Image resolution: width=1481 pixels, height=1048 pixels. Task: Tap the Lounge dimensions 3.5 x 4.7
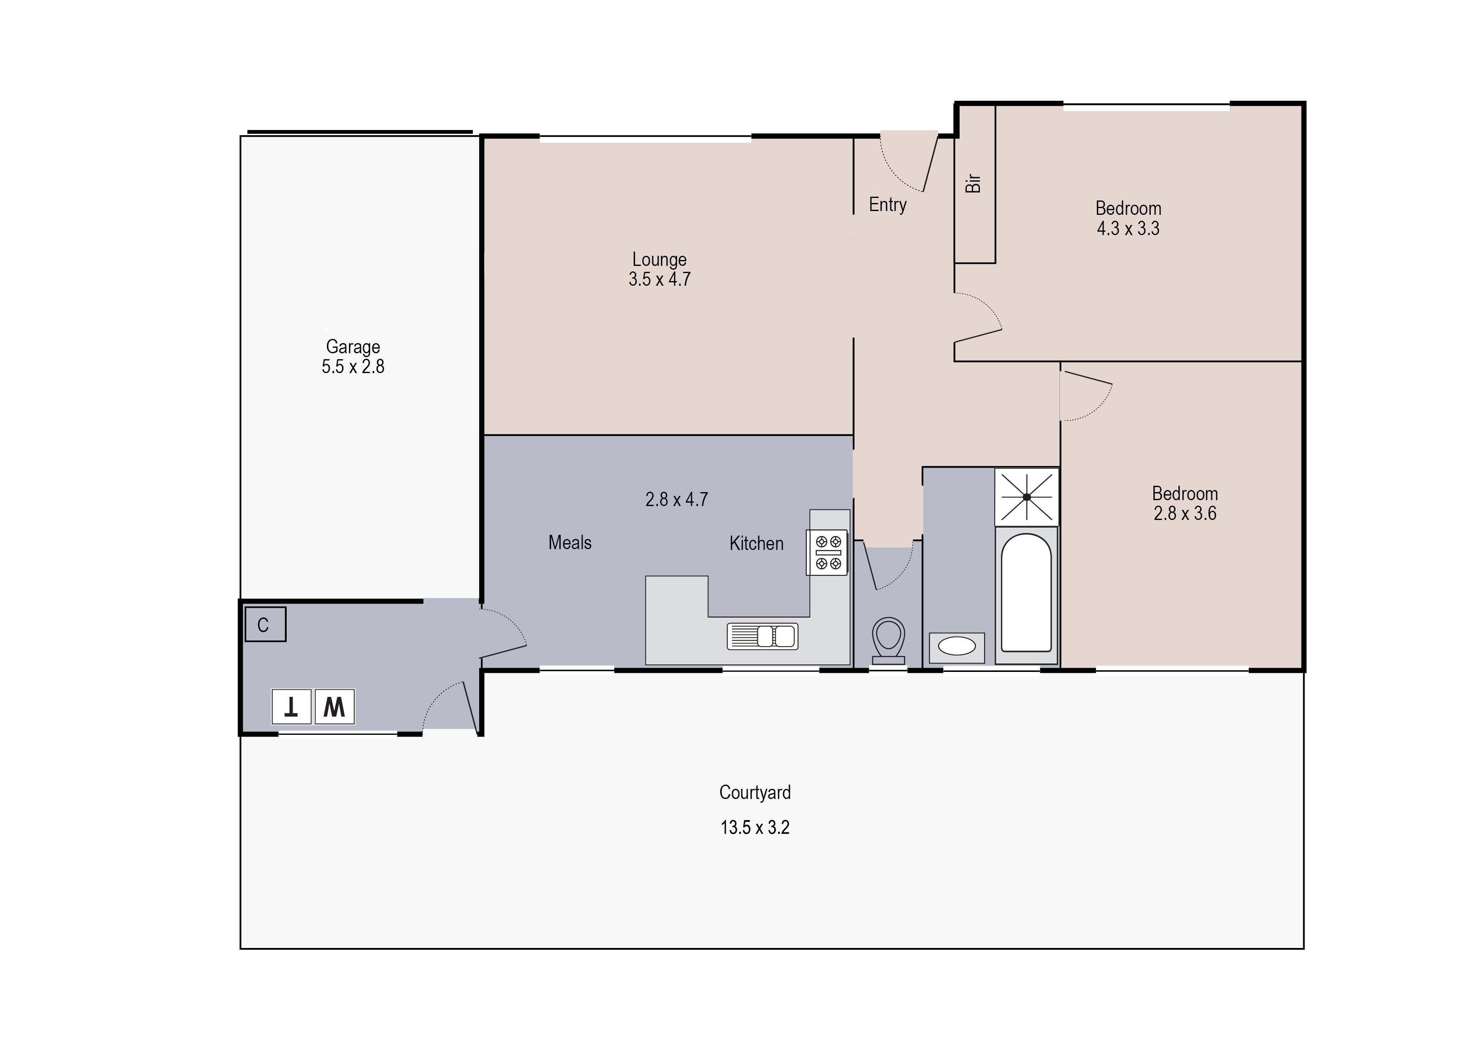pos(659,279)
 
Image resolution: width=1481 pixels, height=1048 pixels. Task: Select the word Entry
pos(887,205)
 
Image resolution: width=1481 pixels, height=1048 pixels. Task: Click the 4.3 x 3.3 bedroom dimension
pos(1128,228)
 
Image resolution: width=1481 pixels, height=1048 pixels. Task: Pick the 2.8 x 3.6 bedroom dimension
pos(1185,514)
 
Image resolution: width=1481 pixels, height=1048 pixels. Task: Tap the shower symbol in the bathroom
pos(1026,496)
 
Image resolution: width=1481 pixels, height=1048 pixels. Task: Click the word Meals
pos(570,543)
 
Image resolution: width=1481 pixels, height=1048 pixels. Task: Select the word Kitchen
pos(756,543)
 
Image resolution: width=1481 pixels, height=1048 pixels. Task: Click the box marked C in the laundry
pos(265,625)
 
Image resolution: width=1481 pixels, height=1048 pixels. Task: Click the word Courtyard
pos(755,793)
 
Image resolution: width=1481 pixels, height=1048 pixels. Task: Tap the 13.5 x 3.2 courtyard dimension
pos(755,828)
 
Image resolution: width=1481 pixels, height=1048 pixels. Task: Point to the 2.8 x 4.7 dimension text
pos(676,499)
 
